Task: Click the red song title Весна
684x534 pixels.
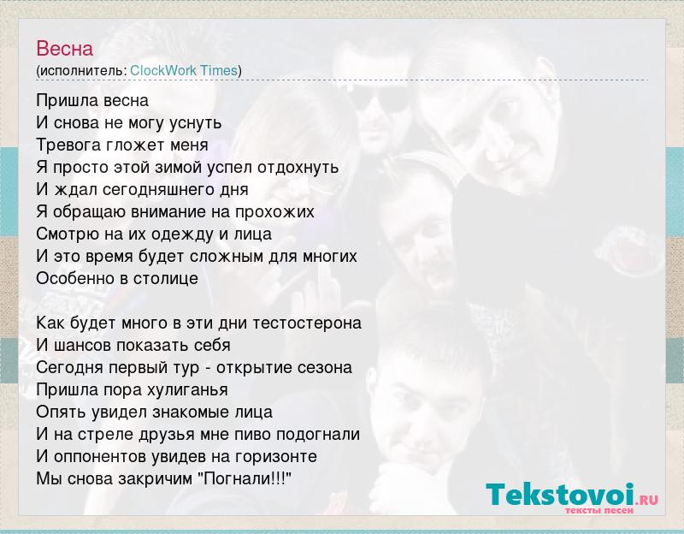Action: pyautogui.click(x=65, y=49)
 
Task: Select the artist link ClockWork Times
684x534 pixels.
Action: pyautogui.click(x=184, y=70)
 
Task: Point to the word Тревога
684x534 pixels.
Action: pyautogui.click(x=69, y=145)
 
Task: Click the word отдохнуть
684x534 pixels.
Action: pyautogui.click(x=298, y=167)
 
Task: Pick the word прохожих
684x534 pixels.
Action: pyautogui.click(x=274, y=212)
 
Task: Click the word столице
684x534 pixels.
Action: pyautogui.click(x=166, y=279)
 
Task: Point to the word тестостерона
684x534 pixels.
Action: pyautogui.click(x=307, y=323)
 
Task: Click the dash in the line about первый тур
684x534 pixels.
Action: pyautogui.click(x=208, y=369)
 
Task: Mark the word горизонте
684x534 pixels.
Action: pyautogui.click(x=276, y=457)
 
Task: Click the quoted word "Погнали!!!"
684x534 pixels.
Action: pyautogui.click(x=245, y=479)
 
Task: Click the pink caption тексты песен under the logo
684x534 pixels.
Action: pyautogui.click(x=599, y=510)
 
